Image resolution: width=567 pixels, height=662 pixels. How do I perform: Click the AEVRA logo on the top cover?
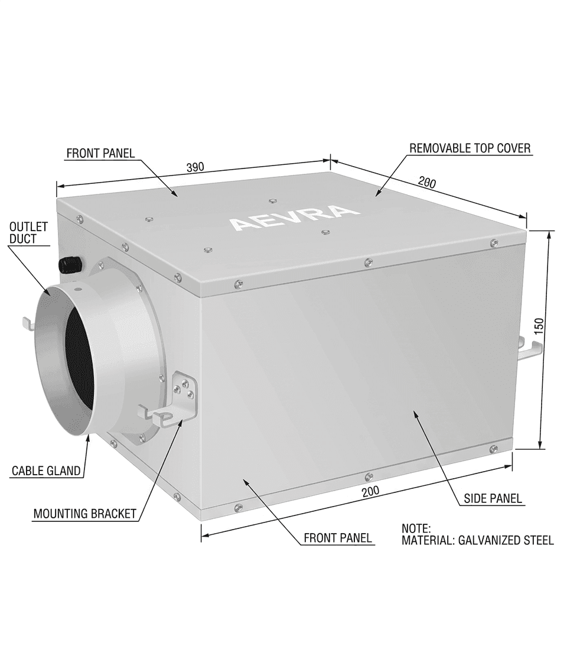pos(294,218)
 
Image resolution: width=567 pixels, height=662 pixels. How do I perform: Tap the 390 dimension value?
pos(195,167)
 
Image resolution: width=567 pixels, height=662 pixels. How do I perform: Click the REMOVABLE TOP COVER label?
pos(470,148)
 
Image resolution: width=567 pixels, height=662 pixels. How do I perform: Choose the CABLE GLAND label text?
pos(46,471)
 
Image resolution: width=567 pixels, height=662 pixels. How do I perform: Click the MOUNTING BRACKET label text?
pos(84,513)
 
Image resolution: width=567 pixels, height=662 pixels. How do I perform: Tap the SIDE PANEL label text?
pos(493,499)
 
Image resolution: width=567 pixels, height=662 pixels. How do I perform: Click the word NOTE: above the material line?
pos(416,528)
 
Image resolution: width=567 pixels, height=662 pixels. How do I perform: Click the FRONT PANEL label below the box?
pos(338,538)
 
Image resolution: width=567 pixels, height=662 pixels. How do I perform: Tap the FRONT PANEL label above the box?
pos(100,153)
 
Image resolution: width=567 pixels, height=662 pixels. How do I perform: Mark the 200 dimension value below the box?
pos(370,492)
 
